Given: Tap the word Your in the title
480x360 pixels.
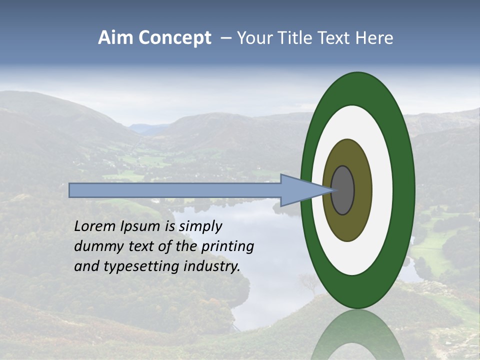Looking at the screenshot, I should (253, 38).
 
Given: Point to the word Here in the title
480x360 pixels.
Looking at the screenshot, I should (374, 38).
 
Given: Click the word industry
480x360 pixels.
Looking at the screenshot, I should (212, 267).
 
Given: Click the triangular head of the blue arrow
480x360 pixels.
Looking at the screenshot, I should (300, 190).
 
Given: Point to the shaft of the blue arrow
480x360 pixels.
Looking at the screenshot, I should (175, 190).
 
